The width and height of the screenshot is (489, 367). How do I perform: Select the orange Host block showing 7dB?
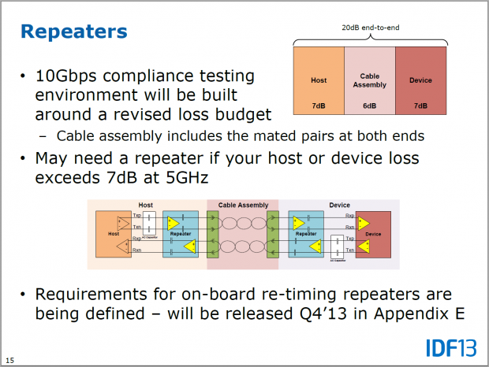(x=318, y=80)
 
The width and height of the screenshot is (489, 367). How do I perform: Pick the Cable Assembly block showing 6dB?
(x=369, y=80)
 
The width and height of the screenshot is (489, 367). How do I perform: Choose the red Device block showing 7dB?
(x=420, y=80)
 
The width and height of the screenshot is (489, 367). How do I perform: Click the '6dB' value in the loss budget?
(x=369, y=106)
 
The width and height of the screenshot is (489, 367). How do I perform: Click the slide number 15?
(x=10, y=361)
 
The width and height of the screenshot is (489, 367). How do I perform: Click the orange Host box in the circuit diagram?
(x=114, y=234)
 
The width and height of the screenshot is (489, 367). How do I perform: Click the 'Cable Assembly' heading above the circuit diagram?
(x=242, y=205)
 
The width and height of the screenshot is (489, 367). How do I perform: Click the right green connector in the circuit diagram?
(x=273, y=234)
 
